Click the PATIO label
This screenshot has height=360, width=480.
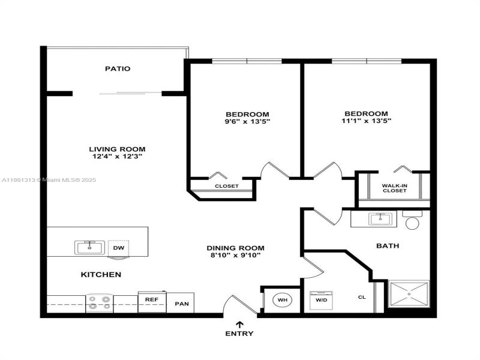pyautogui.click(x=118, y=69)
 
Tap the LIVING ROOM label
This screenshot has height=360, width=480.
pyautogui.click(x=117, y=149)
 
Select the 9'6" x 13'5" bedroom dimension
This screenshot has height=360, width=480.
pyautogui.click(x=247, y=122)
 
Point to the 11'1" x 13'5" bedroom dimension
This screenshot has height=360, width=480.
pyautogui.click(x=366, y=121)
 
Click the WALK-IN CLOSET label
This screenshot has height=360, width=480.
pyautogui.click(x=394, y=188)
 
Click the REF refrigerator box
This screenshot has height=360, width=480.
pyautogui.click(x=152, y=299)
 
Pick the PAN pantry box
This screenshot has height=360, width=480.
pyautogui.click(x=182, y=304)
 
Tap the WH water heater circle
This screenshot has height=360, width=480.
pyautogui.click(x=281, y=299)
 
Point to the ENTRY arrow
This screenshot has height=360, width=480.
pyautogui.click(x=239, y=324)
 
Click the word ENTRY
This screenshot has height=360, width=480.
pyautogui.click(x=239, y=334)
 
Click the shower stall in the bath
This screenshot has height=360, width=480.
pyautogui.click(x=409, y=295)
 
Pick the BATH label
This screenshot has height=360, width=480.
pyautogui.click(x=388, y=246)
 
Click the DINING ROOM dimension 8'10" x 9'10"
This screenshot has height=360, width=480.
pyautogui.click(x=235, y=256)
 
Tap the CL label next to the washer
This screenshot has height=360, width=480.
pyautogui.click(x=362, y=296)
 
